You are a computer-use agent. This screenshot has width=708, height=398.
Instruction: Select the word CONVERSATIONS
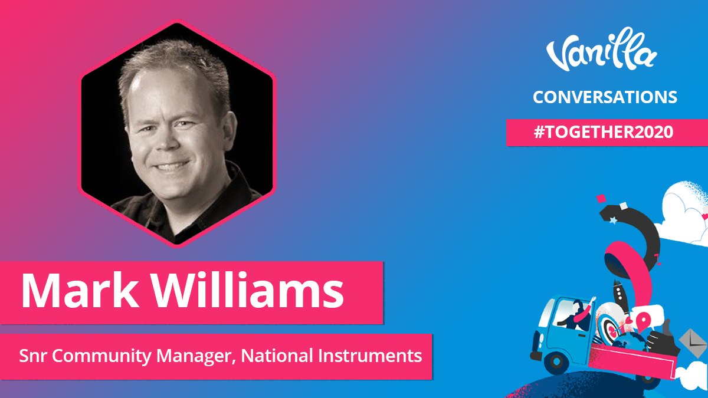(x=605, y=97)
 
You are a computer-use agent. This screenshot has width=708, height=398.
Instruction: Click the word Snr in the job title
(x=31, y=356)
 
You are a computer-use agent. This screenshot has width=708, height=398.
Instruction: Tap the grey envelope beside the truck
(x=687, y=339)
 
